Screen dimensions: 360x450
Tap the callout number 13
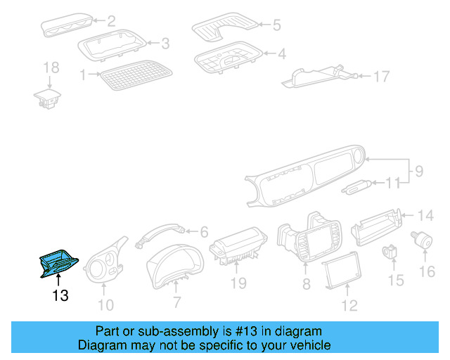(60, 296)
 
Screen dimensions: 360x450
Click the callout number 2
(110, 21)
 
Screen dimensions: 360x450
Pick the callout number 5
(276, 25)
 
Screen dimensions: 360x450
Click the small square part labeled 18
(48, 97)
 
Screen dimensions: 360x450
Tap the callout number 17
(380, 76)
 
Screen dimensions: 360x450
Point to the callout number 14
(426, 214)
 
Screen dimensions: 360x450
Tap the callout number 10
(105, 304)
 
